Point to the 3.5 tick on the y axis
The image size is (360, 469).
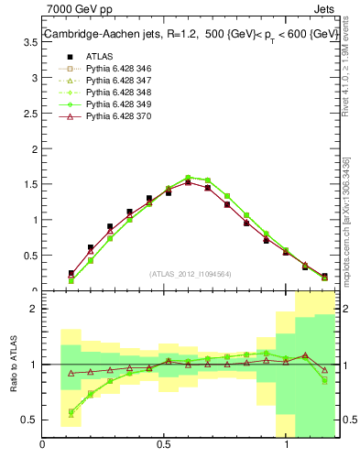click(x=29, y=79)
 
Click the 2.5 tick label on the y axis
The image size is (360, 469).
click(x=29, y=149)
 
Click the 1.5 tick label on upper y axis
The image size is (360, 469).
click(x=29, y=220)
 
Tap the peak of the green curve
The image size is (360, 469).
click(x=188, y=178)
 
